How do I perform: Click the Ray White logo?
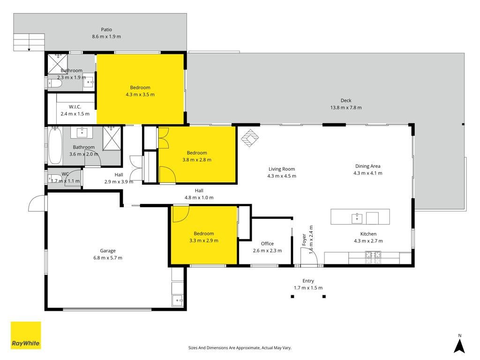point(26,335)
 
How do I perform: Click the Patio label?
point(106,30)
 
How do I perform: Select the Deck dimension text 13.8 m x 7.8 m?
point(346,107)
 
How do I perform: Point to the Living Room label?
point(282,169)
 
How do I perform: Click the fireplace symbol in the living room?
point(250,138)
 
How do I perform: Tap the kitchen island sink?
point(357,218)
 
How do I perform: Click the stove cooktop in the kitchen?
point(373,257)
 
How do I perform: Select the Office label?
point(267,244)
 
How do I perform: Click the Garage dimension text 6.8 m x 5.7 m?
point(108,258)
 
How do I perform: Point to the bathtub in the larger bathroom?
point(55,146)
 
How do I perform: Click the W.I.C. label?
point(75,107)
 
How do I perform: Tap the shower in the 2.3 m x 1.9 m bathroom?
point(58,64)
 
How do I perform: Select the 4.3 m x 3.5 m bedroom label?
point(140,88)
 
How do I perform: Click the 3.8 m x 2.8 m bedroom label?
point(197,153)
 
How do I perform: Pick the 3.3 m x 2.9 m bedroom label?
point(204,233)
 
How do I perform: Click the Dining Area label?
point(367,166)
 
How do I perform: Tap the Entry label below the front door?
point(308,281)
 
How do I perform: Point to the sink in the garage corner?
point(178,300)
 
